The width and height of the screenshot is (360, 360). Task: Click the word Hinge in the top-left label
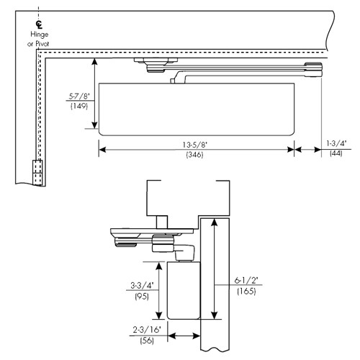point(38,33)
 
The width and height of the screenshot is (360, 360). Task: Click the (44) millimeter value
point(336,153)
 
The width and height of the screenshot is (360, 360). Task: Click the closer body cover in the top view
point(194,108)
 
